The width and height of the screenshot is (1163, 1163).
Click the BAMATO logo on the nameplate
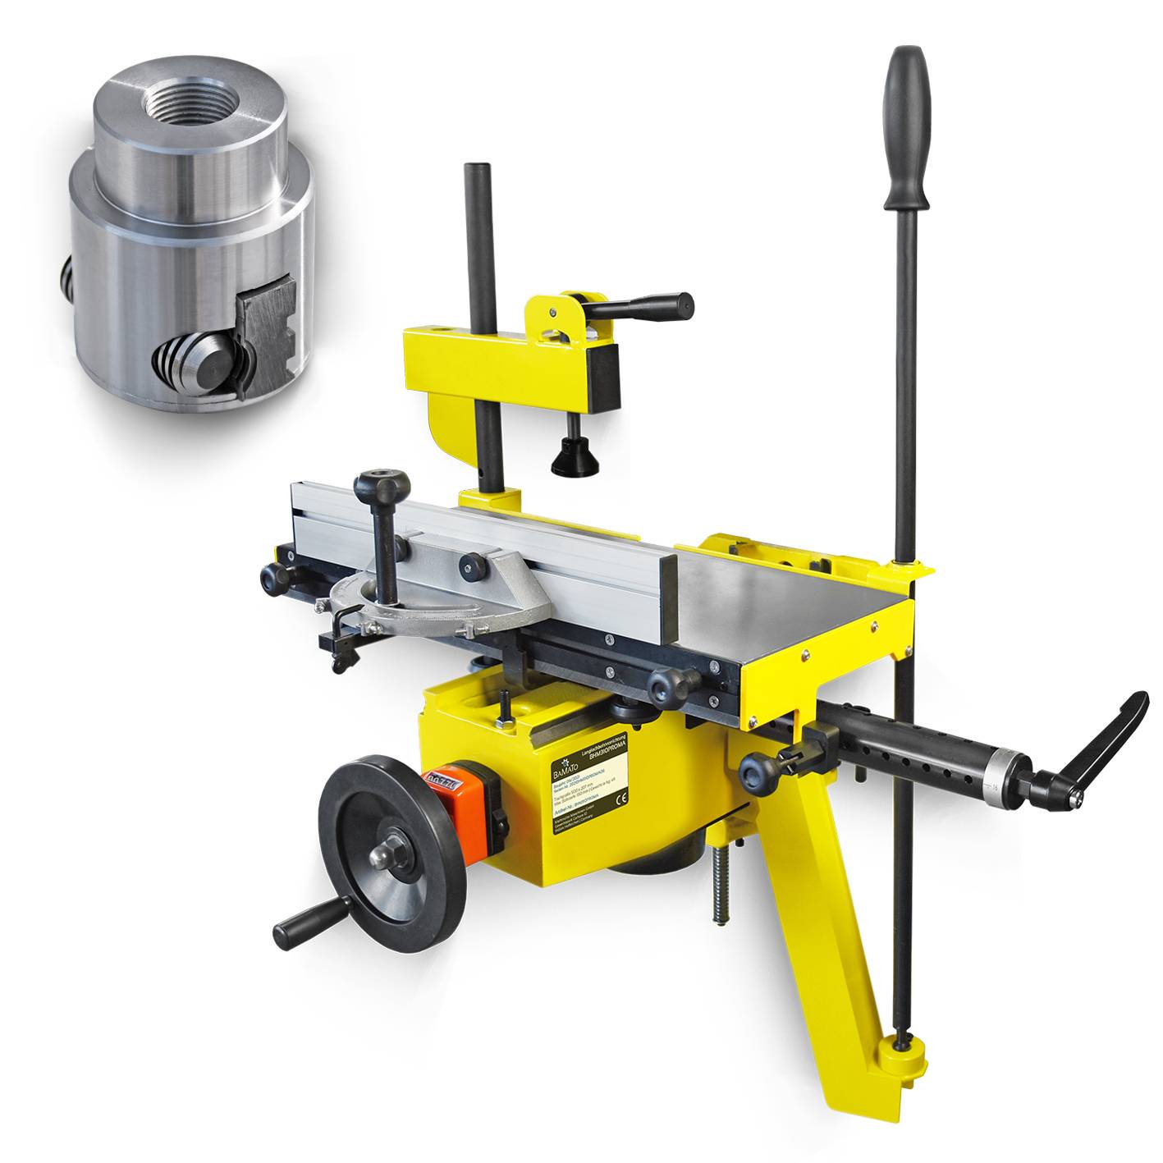point(567,771)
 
